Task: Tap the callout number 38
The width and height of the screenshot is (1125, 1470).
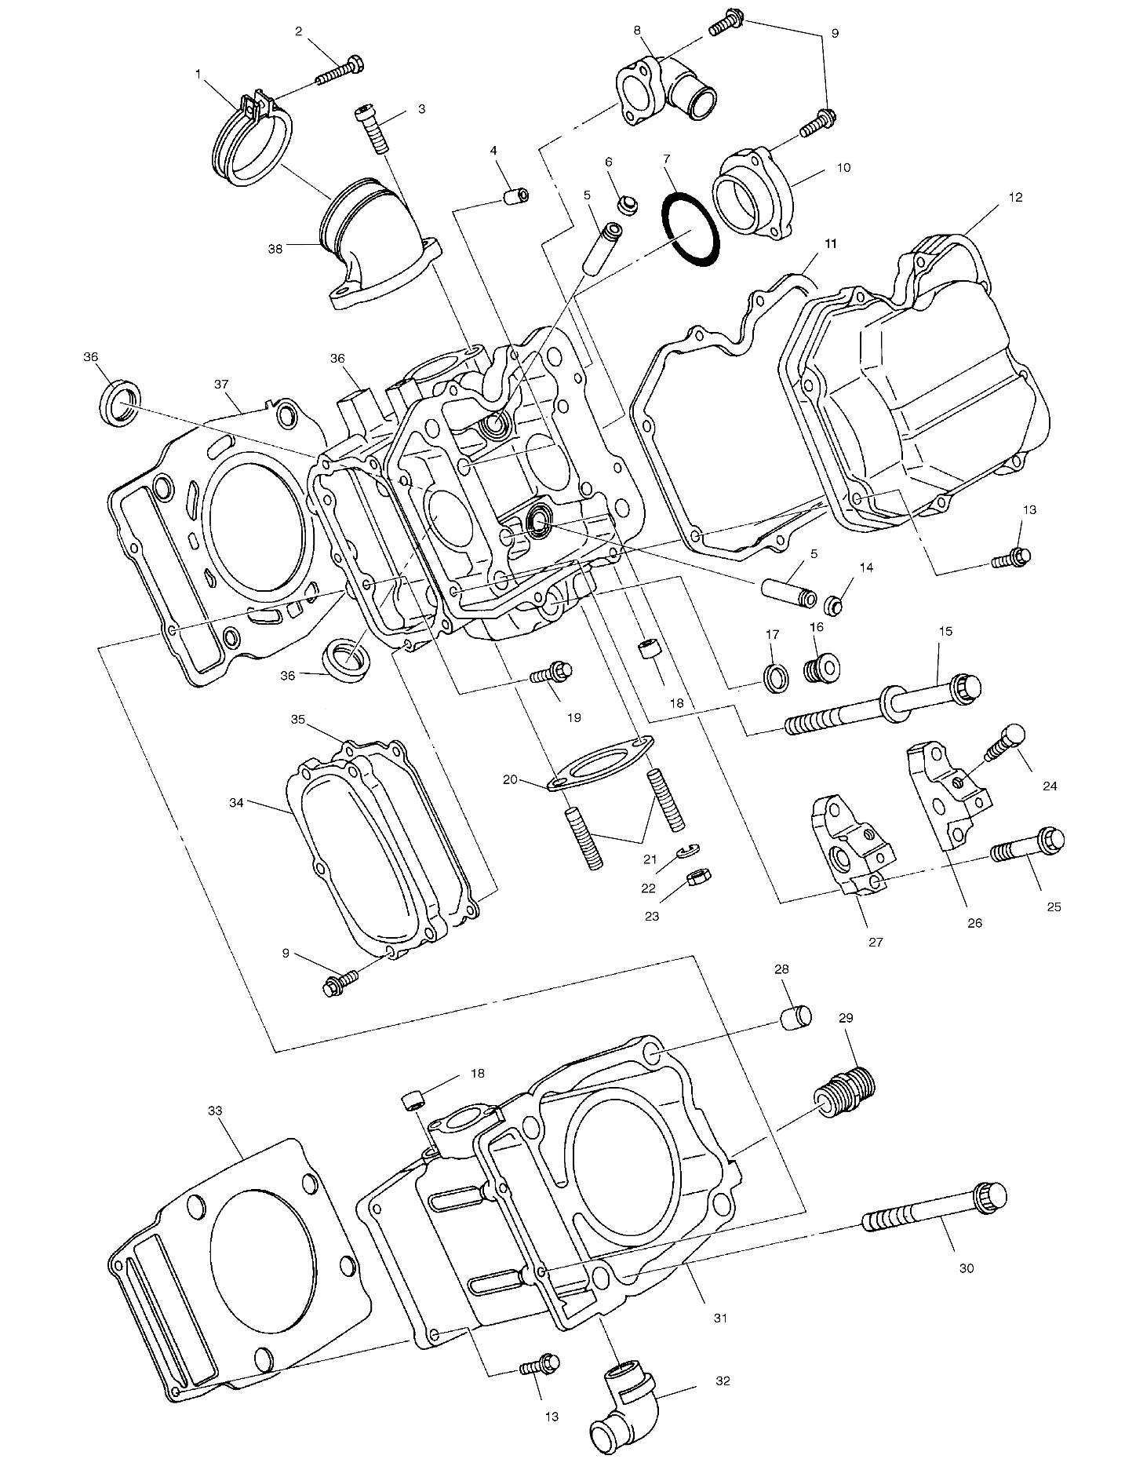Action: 275,248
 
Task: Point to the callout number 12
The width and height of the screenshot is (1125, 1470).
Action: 1016,197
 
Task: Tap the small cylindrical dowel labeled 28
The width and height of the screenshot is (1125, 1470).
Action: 795,1017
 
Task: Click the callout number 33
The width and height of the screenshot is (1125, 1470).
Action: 216,1111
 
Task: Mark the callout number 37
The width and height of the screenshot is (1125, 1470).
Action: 221,384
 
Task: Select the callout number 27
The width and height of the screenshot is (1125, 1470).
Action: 876,942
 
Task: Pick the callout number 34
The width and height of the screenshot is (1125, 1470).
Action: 238,802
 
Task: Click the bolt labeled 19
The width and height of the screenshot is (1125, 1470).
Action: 552,673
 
